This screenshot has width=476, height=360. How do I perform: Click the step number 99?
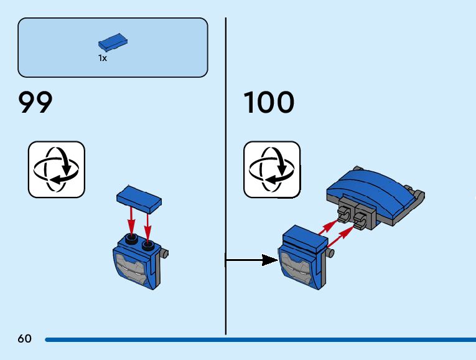coord(35,103)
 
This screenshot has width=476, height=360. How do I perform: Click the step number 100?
coord(268,103)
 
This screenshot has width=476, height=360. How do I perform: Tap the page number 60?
coord(24,339)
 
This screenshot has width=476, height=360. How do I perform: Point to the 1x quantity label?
coord(103,58)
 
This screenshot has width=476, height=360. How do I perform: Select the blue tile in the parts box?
coord(113,42)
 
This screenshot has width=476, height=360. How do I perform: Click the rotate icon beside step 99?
coord(56,169)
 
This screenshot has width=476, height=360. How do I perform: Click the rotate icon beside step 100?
coord(271,169)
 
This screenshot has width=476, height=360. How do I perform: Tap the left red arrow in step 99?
coord(131,219)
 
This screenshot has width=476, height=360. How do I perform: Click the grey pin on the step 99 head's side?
coord(165,254)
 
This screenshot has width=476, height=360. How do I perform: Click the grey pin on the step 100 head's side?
coord(330,252)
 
